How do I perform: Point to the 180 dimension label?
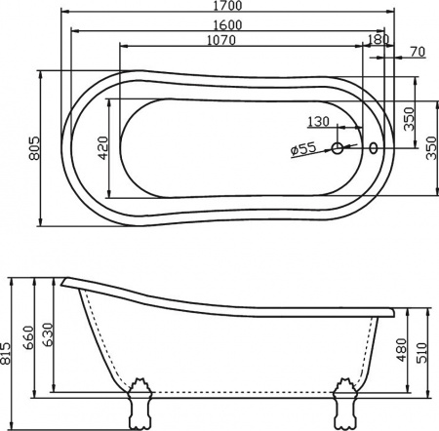pyautogui.click(x=379, y=40)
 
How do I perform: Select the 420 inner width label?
pyautogui.click(x=101, y=147)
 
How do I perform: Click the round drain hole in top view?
pyautogui.click(x=338, y=149)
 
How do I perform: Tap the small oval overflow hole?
pyautogui.click(x=374, y=149)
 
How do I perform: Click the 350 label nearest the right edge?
pyautogui.click(x=431, y=147)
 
